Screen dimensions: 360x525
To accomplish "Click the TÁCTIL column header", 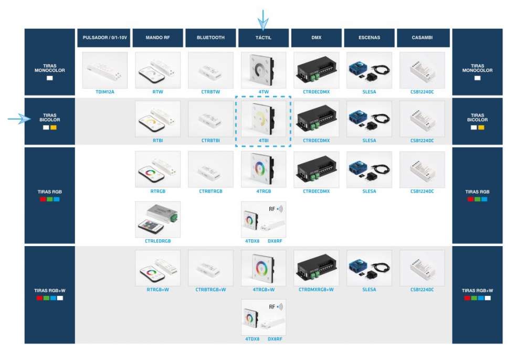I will [x=264, y=38].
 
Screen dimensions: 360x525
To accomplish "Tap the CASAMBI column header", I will [x=423, y=38].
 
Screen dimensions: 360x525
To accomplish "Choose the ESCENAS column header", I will [x=370, y=38].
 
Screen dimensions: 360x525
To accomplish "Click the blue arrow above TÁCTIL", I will [x=263, y=19].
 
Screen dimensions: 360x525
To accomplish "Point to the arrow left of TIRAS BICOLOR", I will [x=20, y=120].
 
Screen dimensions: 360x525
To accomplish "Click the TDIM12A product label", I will [x=105, y=91].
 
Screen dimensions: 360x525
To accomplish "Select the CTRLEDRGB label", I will [x=157, y=241].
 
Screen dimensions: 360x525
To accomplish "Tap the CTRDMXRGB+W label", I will [x=316, y=290].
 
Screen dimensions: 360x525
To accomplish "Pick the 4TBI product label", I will [x=264, y=141].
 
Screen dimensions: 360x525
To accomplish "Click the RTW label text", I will [x=157, y=91].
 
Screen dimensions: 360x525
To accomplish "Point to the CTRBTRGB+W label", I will [x=211, y=290].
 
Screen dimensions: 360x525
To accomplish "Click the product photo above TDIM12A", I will [x=105, y=70].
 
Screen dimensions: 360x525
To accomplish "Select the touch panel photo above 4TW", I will [x=264, y=70].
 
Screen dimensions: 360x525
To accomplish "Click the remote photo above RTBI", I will [x=157, y=119].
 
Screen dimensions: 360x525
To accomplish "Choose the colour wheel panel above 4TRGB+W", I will [x=264, y=268].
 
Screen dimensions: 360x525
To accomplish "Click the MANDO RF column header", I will [x=157, y=38].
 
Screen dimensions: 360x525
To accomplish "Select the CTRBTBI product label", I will [x=211, y=141].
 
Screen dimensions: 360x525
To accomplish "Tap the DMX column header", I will [x=316, y=38].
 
